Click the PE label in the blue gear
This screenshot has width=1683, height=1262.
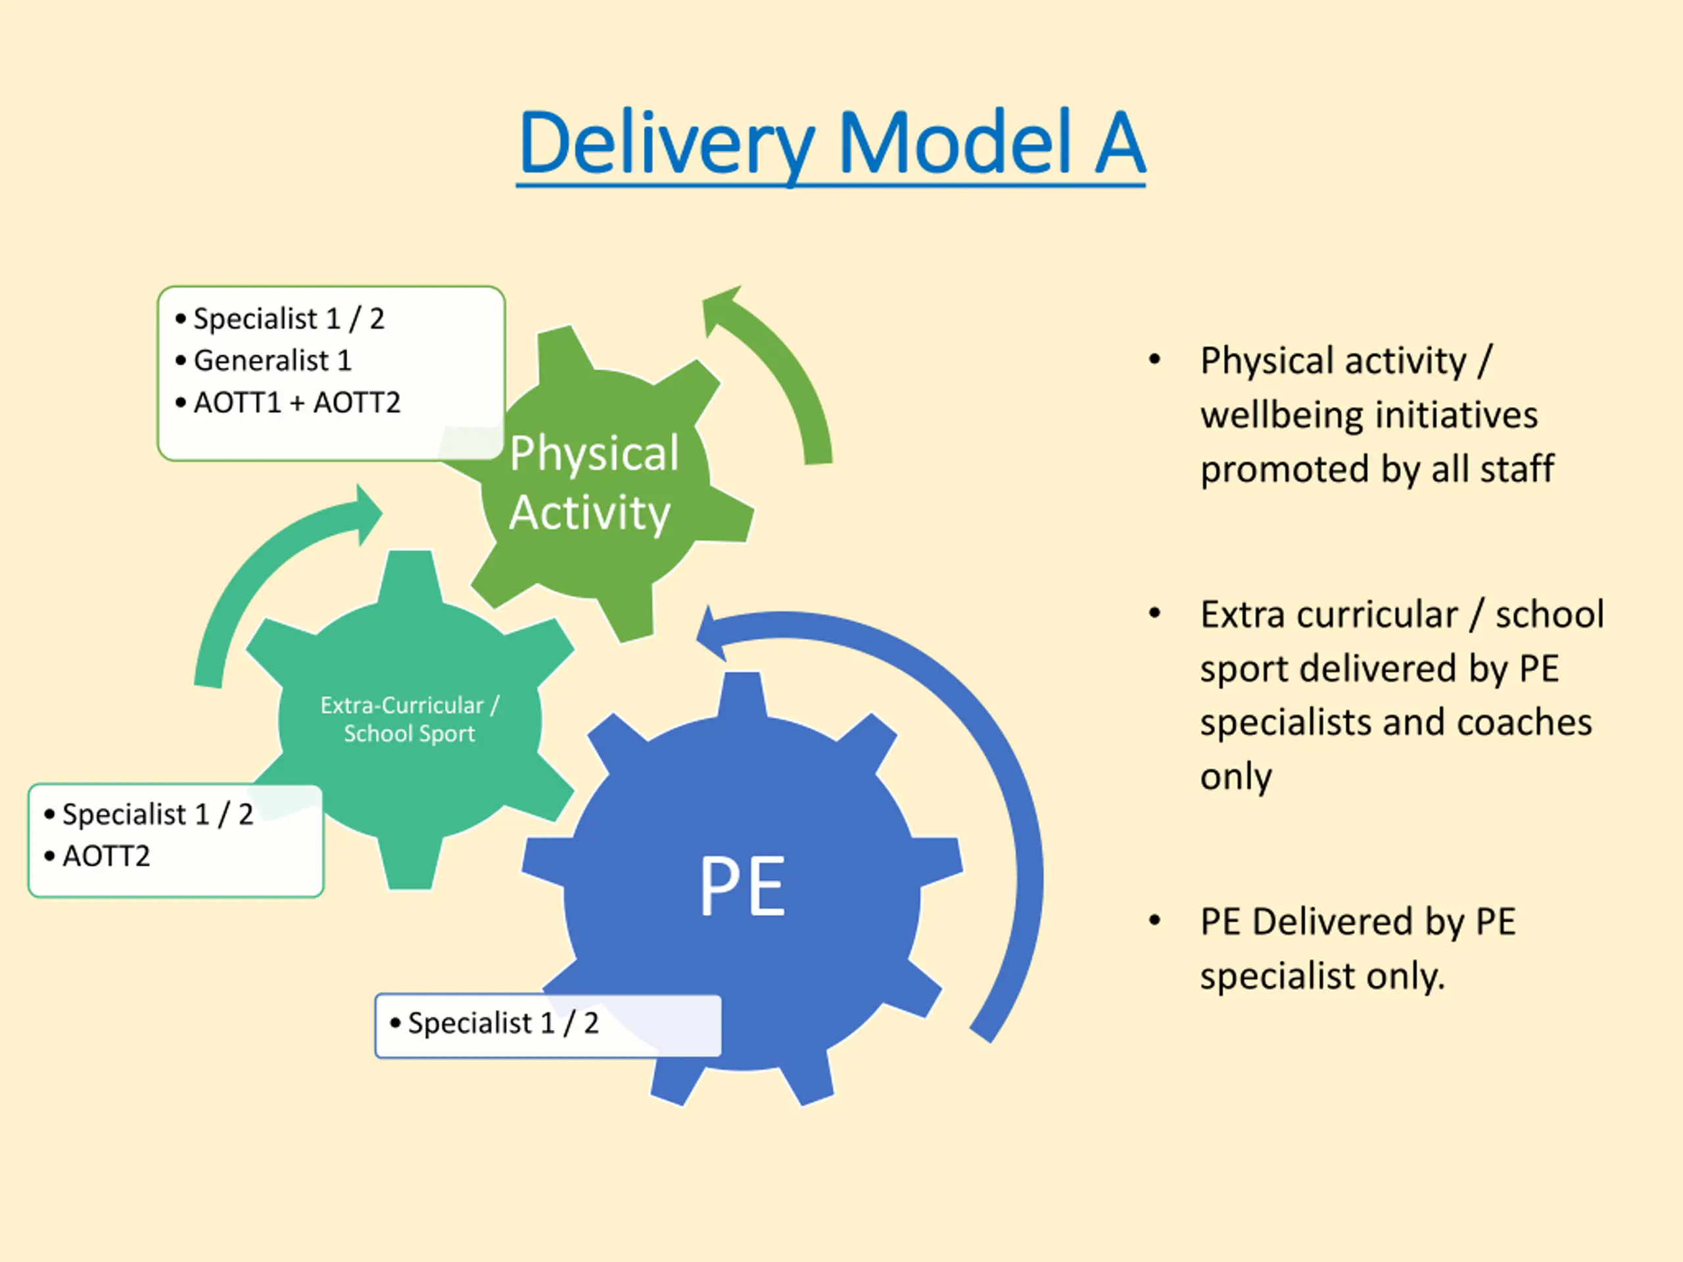coord(742,885)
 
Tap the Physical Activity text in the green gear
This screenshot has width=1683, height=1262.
coord(594,484)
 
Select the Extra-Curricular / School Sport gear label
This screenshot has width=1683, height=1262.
coord(410,719)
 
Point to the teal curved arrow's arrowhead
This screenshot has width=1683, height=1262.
coord(368,516)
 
